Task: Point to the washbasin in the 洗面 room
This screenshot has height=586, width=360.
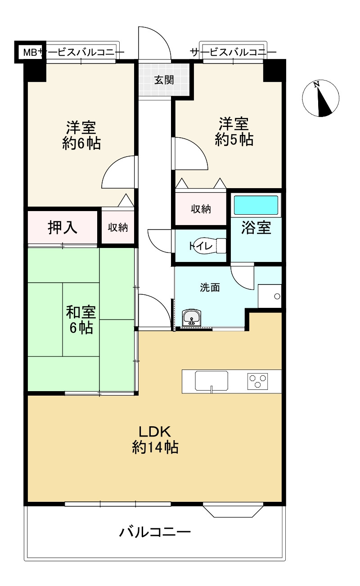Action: click(192, 318)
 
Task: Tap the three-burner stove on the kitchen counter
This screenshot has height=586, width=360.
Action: click(258, 381)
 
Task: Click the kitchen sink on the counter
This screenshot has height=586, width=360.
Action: click(211, 381)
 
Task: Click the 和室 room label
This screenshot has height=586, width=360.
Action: click(81, 311)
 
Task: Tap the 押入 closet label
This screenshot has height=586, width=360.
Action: click(63, 227)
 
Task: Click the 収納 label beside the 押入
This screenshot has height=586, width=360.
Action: click(117, 228)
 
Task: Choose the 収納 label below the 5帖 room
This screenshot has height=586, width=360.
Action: click(201, 209)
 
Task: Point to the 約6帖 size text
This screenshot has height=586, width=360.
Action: click(81, 144)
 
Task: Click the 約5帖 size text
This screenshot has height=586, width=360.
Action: click(234, 140)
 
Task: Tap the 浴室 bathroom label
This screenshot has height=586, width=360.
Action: click(256, 228)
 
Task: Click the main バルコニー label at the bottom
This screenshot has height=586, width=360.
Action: click(155, 533)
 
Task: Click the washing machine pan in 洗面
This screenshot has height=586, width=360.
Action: click(270, 296)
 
